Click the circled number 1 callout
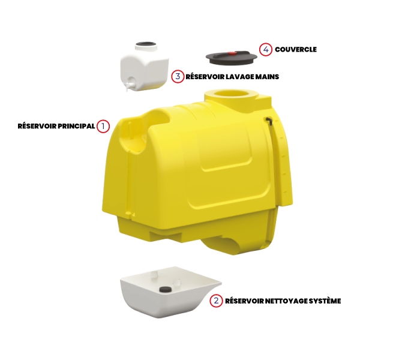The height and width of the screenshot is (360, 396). click(x=103, y=126)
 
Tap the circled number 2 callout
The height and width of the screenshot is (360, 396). click(x=216, y=301)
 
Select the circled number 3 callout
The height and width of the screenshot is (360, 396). click(x=178, y=76)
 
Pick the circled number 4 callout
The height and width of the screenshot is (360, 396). click(x=266, y=50)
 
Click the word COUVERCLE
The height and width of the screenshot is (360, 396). click(x=296, y=50)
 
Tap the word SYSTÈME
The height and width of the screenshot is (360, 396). click(x=325, y=301)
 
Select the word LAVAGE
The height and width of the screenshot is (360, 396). click(x=239, y=77)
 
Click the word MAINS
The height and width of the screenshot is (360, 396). click(x=267, y=77)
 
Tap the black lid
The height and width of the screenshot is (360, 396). click(x=232, y=58)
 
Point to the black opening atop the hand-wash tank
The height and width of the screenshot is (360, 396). click(x=146, y=44)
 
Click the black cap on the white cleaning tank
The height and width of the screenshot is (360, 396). click(x=166, y=289)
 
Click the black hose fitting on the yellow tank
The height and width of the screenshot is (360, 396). click(x=269, y=120)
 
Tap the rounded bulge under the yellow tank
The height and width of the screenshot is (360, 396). click(x=222, y=245)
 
